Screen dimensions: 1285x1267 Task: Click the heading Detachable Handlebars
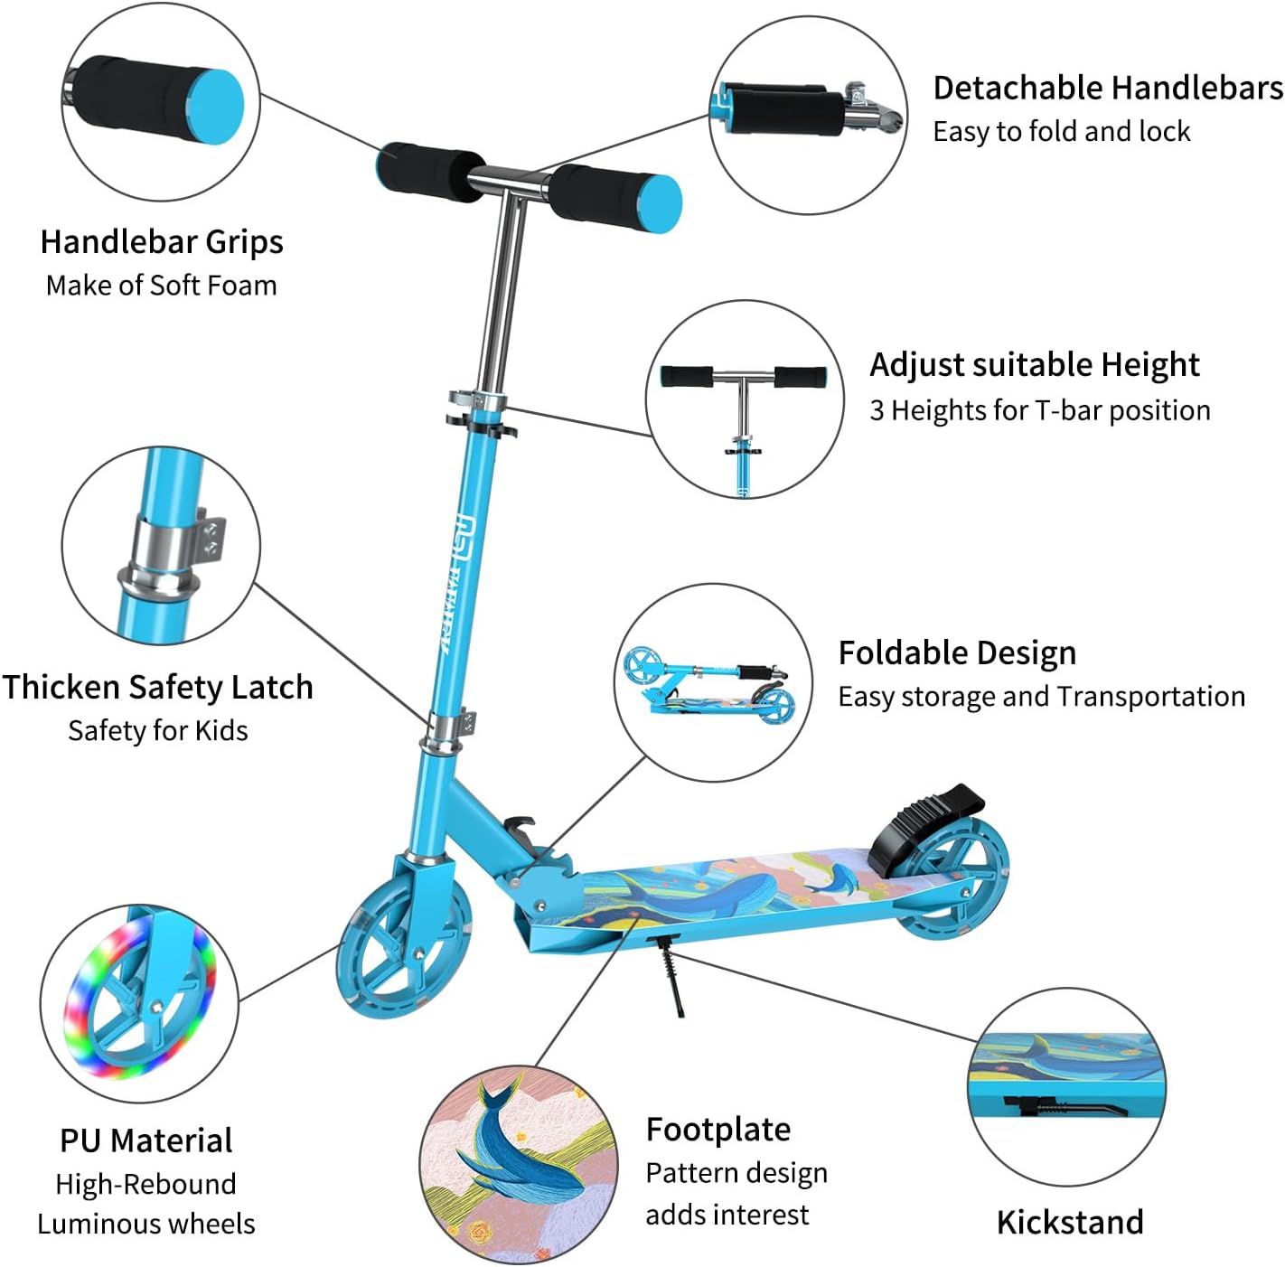coord(1108,88)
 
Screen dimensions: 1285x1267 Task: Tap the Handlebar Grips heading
coord(162,242)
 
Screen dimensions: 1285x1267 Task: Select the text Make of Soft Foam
coord(162,286)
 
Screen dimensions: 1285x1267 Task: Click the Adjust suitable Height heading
coord(1035,366)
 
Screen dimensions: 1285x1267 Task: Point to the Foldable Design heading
coord(957,653)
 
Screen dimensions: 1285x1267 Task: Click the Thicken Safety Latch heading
coord(157,687)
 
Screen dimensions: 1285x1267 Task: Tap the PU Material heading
coord(146,1140)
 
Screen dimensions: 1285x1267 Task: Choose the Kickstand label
coord(1070,1223)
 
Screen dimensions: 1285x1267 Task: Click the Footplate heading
coord(718,1130)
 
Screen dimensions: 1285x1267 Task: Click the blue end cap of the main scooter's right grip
coord(660,202)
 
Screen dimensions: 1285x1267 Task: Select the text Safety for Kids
coord(158,731)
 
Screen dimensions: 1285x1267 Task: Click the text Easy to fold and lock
coord(1061,132)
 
